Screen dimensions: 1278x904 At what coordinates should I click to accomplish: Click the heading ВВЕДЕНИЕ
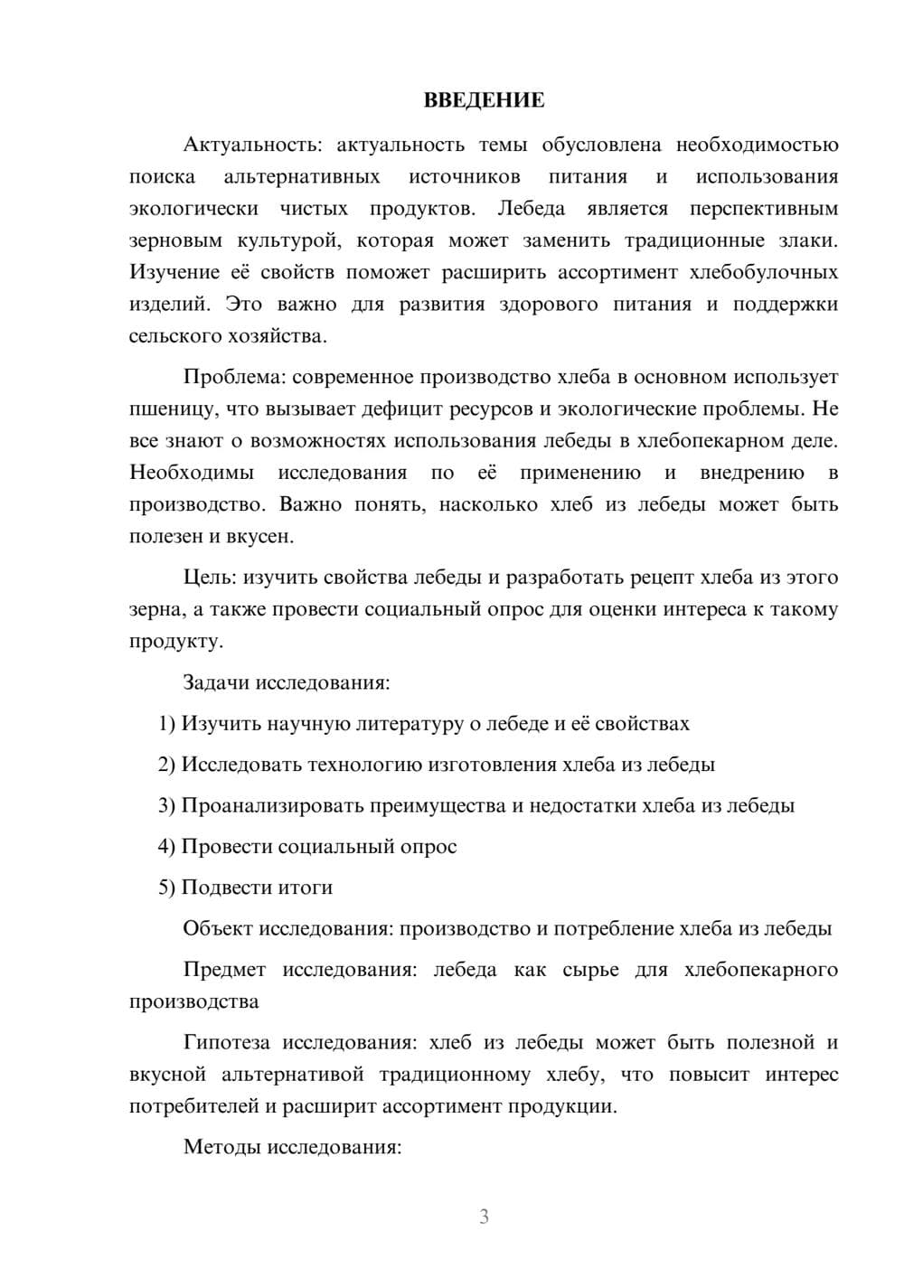click(x=484, y=100)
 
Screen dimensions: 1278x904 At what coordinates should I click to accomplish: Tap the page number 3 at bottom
click(x=484, y=1217)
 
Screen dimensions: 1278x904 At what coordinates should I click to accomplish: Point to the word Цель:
click(x=210, y=578)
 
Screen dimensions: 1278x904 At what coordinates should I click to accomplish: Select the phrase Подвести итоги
click(x=257, y=888)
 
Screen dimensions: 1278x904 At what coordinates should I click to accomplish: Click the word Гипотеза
click(x=226, y=1043)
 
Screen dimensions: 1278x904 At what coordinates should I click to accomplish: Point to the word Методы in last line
click(x=220, y=1148)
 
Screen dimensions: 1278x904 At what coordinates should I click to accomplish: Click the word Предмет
click(x=224, y=970)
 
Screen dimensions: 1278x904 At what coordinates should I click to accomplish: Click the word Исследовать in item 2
click(x=241, y=765)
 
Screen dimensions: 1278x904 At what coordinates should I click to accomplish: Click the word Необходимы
click(x=192, y=473)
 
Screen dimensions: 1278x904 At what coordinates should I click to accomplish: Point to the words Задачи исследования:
click(x=287, y=682)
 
